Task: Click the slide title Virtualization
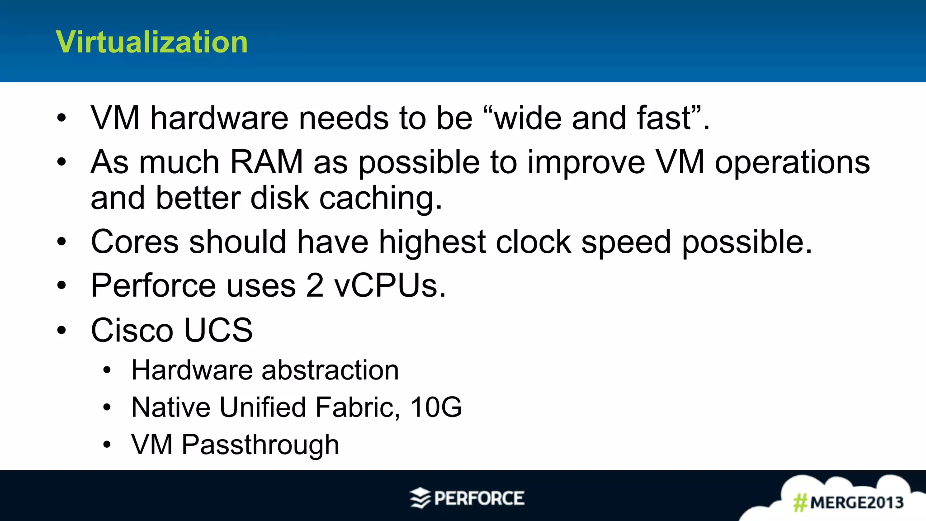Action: [151, 42]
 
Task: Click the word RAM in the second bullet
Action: [266, 162]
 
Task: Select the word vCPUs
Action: [390, 286]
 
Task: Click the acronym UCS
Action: [218, 330]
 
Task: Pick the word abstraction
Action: [330, 370]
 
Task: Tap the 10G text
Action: [436, 407]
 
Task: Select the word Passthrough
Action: [260, 445]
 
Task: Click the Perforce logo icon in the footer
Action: [420, 498]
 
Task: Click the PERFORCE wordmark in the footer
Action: [479, 498]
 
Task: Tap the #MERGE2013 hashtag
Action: [849, 502]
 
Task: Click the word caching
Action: [380, 199]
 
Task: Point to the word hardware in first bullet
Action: [219, 118]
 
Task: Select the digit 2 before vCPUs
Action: [315, 286]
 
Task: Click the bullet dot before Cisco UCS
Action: [61, 330]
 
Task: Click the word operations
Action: [792, 162]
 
